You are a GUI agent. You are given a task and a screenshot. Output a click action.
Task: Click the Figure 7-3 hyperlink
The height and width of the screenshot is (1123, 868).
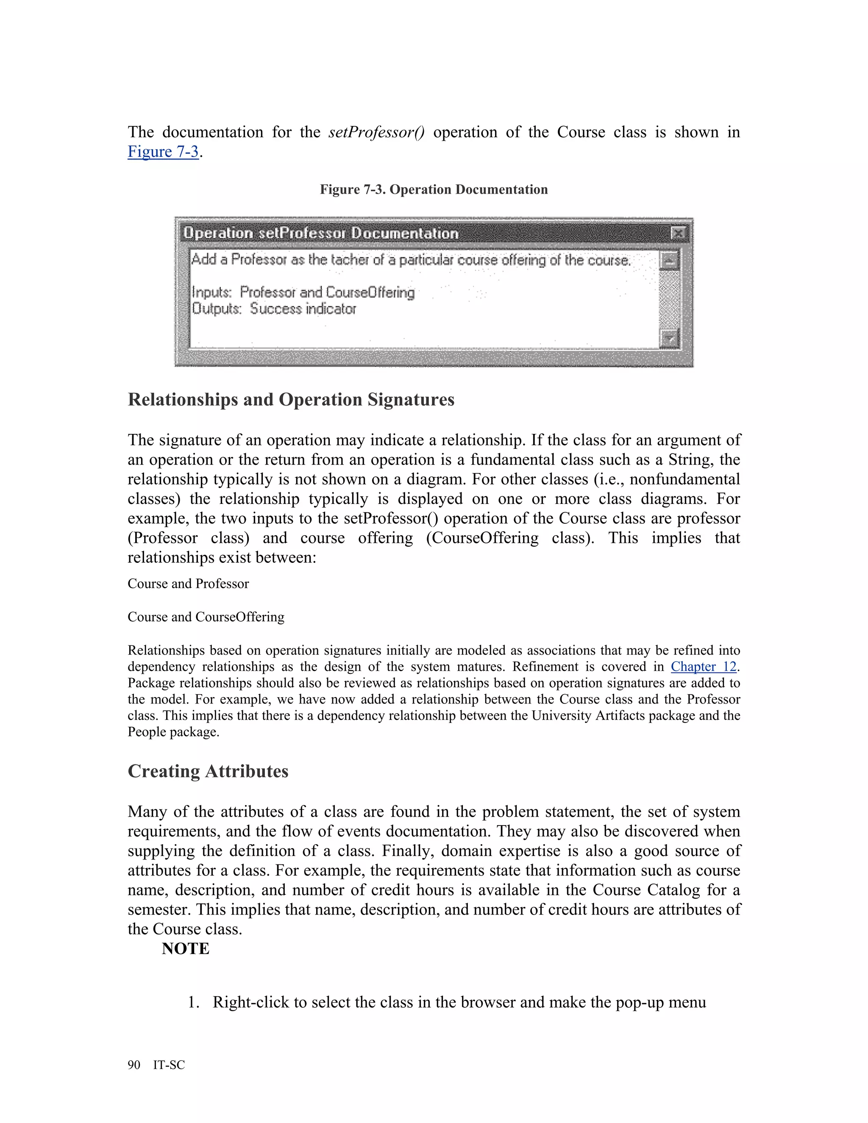(163, 152)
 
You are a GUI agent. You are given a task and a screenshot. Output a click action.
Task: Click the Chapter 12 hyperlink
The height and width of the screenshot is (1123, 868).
(704, 667)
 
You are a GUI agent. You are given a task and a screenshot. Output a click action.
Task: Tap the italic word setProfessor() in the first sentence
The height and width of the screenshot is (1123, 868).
(376, 132)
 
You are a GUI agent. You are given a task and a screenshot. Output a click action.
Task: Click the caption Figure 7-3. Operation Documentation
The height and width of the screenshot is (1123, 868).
(434, 189)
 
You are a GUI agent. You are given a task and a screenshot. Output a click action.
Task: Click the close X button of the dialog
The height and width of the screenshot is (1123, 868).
(678, 233)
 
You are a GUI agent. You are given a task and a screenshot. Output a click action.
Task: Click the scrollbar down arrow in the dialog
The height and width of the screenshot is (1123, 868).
(669, 338)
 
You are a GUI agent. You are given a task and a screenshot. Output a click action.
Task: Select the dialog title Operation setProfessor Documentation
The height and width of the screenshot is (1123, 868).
(320, 233)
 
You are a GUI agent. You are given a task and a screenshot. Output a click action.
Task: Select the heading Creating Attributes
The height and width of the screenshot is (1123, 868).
(208, 771)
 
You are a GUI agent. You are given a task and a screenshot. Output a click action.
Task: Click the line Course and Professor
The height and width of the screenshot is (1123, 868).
(188, 584)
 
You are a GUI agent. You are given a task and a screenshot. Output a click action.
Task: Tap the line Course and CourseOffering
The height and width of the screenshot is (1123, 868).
(206, 617)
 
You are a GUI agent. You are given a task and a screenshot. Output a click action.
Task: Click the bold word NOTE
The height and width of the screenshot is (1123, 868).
(185, 949)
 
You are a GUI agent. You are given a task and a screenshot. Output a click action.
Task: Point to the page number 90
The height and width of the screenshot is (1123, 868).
(134, 1065)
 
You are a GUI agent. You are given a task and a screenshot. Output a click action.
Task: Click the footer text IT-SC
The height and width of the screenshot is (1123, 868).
(169, 1065)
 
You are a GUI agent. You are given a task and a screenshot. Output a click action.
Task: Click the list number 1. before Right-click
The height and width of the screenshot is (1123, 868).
(193, 1002)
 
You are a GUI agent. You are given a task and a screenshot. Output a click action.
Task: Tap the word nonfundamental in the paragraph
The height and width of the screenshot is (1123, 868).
(684, 479)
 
